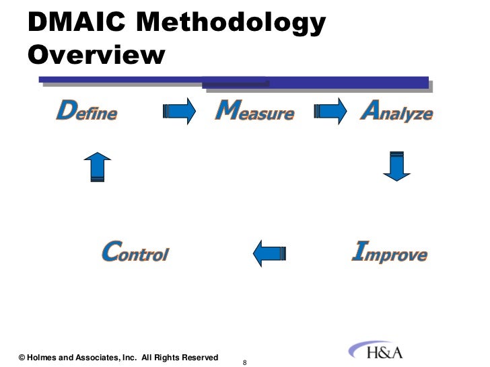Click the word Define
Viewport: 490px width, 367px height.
coord(86,111)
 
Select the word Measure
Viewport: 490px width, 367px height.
coord(254,111)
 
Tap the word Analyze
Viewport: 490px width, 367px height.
coord(396,111)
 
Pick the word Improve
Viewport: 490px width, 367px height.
coord(390,253)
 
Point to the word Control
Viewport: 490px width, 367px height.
coord(135,253)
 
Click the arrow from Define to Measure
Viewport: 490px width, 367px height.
coord(179,111)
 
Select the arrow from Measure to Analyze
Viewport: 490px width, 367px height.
coord(330,111)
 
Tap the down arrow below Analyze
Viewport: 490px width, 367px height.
coord(397,166)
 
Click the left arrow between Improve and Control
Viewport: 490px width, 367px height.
coord(269,253)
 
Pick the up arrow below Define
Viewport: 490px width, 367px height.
coord(98,166)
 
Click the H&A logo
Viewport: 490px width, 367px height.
coord(376,352)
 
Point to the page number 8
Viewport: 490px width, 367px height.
coord(245,363)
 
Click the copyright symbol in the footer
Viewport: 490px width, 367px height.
coord(22,358)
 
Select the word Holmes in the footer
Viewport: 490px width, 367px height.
coord(43,358)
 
